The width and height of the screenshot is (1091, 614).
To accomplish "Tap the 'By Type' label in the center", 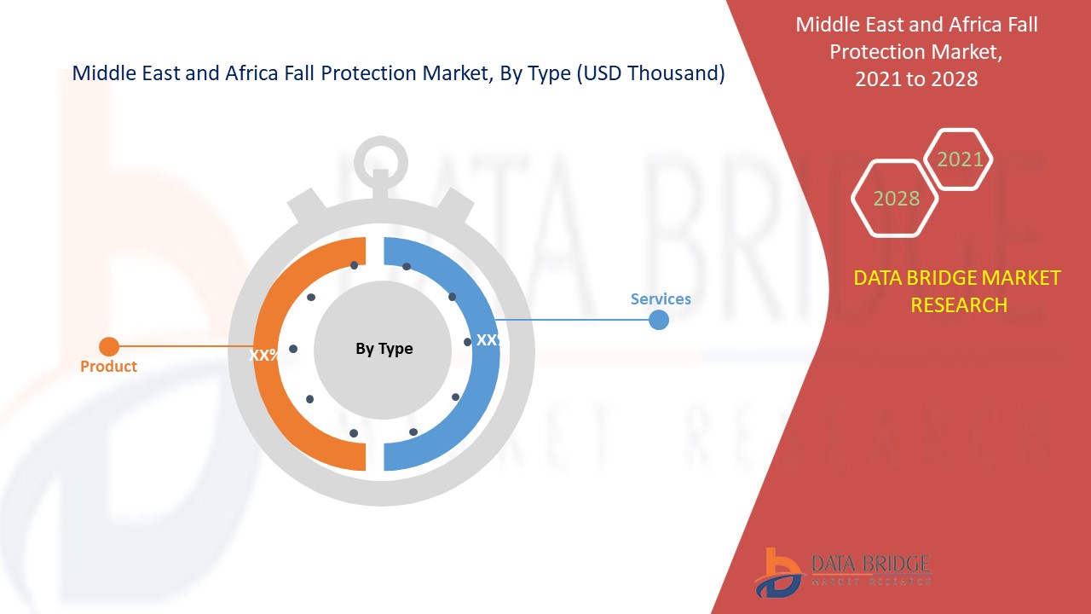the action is (384, 349).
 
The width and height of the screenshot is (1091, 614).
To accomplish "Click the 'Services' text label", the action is (661, 298).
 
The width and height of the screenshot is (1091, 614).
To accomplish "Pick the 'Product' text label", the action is (108, 366).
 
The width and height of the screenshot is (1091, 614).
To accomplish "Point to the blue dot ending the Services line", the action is (659, 320).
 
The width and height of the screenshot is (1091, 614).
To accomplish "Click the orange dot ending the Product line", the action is (109, 346).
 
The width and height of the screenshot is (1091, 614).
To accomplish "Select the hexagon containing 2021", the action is (958, 159).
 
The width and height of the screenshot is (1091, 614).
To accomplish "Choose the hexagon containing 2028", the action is (895, 199).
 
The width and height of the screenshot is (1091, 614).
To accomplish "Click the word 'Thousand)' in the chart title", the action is (676, 73).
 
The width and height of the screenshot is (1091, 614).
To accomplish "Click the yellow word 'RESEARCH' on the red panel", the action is (959, 305).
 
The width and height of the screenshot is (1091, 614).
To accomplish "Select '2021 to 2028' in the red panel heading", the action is (916, 79).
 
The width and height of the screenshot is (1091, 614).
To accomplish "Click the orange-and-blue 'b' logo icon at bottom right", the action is (779, 573).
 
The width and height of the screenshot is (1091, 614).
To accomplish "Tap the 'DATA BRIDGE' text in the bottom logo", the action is (871, 564).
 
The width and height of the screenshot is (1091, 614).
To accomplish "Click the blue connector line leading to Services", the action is (572, 320).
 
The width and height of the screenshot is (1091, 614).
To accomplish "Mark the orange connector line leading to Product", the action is (186, 346).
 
